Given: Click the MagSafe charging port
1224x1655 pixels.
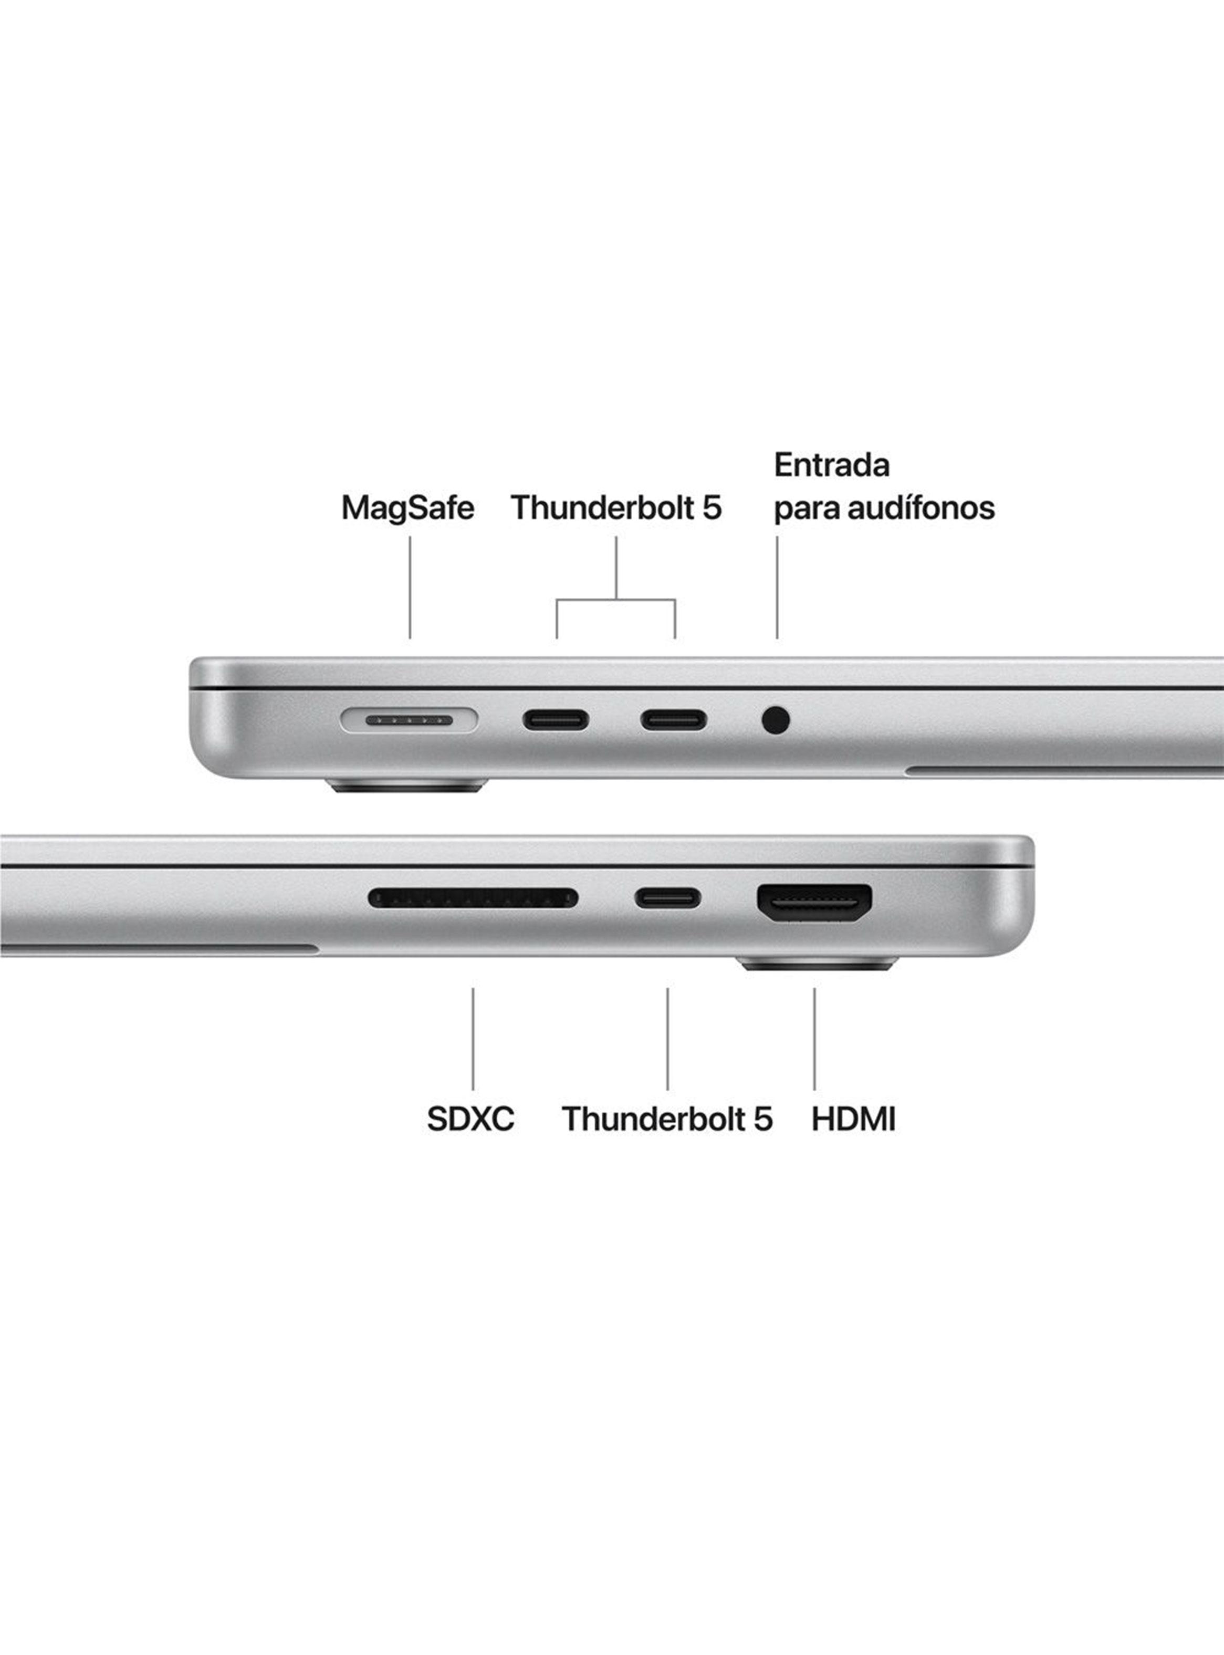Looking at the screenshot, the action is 409,720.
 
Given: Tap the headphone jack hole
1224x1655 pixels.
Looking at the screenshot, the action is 776,720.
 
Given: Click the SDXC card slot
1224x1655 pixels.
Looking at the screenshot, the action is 473,898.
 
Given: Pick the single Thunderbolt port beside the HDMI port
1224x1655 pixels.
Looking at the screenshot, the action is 667,898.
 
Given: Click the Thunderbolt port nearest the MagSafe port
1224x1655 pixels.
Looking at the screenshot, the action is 557,720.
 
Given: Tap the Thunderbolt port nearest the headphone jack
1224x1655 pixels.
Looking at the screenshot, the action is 674,720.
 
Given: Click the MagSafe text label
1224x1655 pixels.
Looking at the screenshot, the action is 407,509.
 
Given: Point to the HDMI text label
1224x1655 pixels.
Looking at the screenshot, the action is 853,1119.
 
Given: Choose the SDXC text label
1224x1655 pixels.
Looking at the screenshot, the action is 470,1119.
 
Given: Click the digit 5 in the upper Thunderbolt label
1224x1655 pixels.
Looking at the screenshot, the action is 712,509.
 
